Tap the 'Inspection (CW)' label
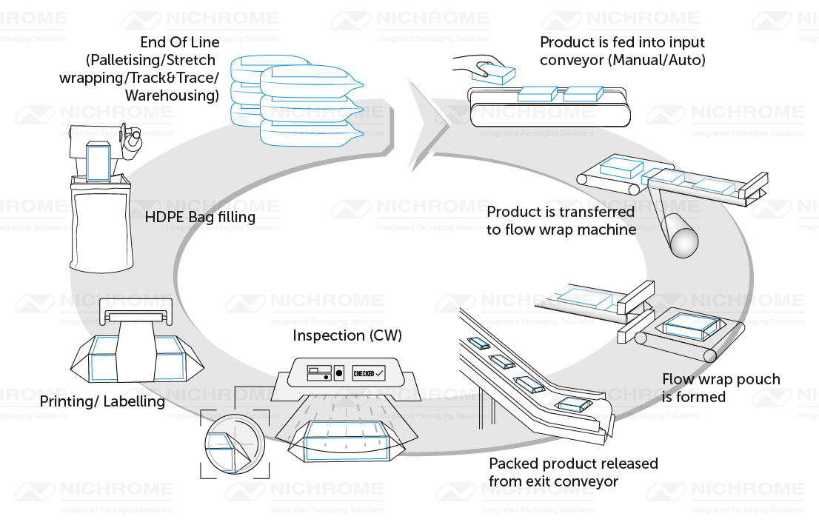(x=347, y=335)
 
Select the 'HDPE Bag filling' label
(x=200, y=217)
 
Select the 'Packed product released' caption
(x=572, y=464)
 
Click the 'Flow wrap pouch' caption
(x=721, y=379)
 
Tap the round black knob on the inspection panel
(x=339, y=372)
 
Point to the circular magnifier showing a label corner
(x=234, y=443)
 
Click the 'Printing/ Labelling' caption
(x=101, y=401)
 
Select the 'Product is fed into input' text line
(x=622, y=42)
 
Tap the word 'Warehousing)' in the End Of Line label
(x=172, y=96)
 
